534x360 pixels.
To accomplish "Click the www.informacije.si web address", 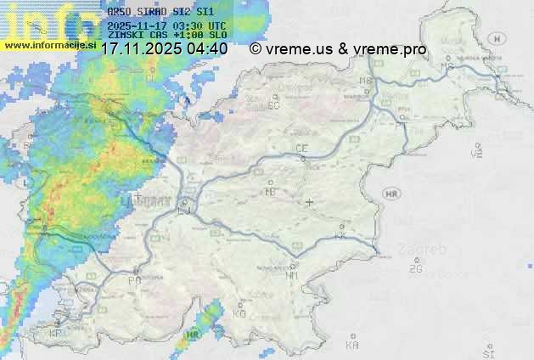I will pyautogui.click(x=49, y=44).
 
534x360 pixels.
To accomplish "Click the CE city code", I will pyautogui.click(x=301, y=149).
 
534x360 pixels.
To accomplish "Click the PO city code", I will pyautogui.click(x=134, y=279).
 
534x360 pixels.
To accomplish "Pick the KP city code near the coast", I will pyautogui.click(x=56, y=333).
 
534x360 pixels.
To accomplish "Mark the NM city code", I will pyautogui.click(x=293, y=275).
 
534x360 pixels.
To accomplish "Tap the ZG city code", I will pyautogui.click(x=414, y=269).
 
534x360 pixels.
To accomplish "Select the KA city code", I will pyautogui.click(x=352, y=345).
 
